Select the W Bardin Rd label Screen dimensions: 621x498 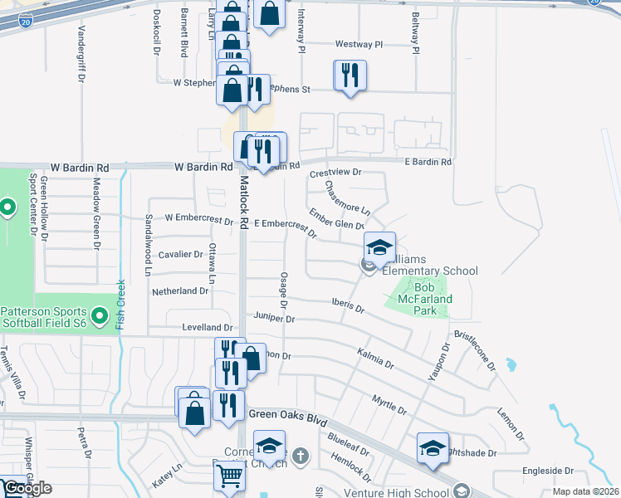click(203, 167)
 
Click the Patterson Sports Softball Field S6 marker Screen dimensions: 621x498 click(100, 315)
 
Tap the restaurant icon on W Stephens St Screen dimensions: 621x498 click(349, 76)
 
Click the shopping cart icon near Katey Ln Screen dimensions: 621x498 click(228, 476)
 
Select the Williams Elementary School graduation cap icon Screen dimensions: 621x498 click(379, 247)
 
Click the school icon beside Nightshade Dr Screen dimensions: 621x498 click(432, 448)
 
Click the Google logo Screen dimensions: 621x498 click(27, 489)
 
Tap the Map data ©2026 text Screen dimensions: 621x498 click(585, 491)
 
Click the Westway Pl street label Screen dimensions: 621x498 click(359, 44)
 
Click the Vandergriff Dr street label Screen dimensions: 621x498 click(81, 43)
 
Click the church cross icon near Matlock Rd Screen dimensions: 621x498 click(301, 456)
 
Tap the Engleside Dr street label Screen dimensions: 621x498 click(548, 471)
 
